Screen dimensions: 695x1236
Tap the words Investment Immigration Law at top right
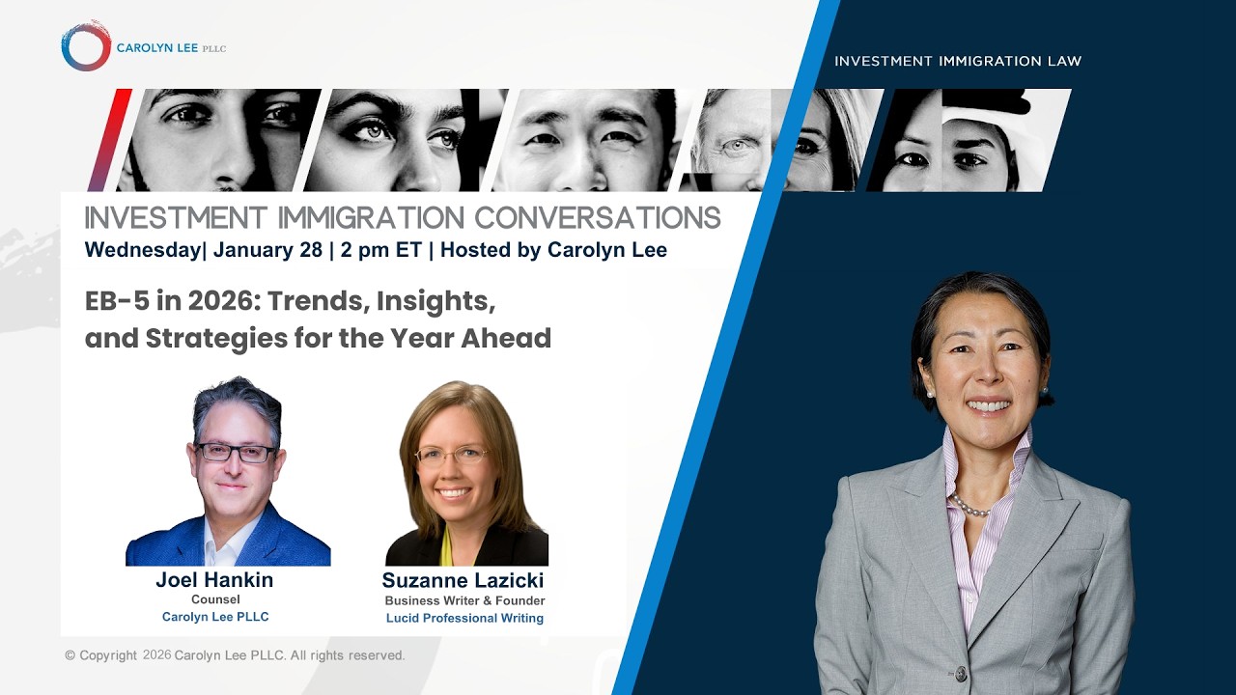tap(957, 61)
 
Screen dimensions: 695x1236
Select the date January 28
tap(267, 250)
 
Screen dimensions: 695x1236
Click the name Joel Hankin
tap(214, 580)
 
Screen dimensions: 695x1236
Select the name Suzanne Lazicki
tap(463, 580)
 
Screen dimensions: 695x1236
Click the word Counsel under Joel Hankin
tap(215, 599)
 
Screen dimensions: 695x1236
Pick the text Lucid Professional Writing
tap(464, 618)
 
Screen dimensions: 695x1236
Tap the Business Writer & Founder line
tap(464, 600)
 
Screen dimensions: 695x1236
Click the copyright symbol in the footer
tap(70, 655)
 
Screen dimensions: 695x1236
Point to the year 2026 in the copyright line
tap(156, 654)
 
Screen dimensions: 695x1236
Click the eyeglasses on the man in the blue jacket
tap(235, 453)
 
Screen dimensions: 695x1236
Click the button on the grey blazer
tap(960, 673)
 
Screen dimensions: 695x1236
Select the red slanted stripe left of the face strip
tap(109, 140)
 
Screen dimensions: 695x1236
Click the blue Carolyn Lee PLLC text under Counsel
tap(215, 617)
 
